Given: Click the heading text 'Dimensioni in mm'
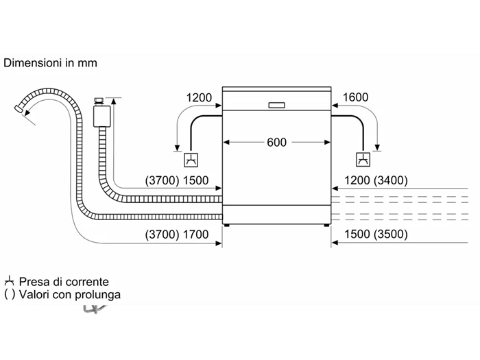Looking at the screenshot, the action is click(50, 63).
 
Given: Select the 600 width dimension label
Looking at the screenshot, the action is click(277, 143).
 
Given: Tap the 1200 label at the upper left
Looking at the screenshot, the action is click(199, 97).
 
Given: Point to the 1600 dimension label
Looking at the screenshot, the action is click(355, 97).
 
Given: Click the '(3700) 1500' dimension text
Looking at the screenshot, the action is click(177, 180).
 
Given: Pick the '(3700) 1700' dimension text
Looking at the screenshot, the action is click(177, 235).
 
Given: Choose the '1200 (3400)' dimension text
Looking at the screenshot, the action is click(376, 180).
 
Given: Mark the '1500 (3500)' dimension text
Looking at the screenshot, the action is click(376, 235).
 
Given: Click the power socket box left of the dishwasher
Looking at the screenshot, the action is click(191, 160).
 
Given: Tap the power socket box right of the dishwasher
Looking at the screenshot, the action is click(363, 160).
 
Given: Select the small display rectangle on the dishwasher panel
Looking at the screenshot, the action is click(277, 106).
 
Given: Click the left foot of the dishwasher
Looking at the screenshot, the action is click(227, 226).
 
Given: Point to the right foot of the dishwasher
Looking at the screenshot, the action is click(326, 226).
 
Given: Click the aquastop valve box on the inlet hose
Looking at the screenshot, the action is click(102, 116).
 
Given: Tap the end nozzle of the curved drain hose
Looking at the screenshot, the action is click(19, 108).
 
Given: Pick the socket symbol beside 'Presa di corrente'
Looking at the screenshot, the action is click(10, 281).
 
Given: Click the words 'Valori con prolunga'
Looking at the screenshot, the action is click(70, 294).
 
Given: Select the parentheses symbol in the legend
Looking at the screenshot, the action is click(10, 294).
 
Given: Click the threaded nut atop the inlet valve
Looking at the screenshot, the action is click(99, 101).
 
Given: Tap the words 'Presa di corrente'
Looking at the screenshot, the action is click(64, 282).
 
